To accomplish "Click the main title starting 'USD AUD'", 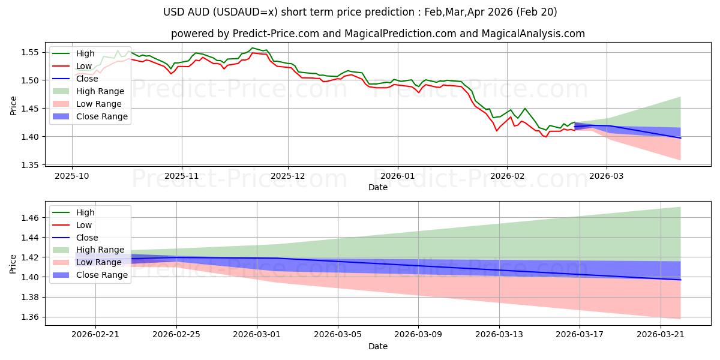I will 360,12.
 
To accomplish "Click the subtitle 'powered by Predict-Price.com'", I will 378,34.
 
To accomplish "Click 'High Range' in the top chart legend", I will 100,91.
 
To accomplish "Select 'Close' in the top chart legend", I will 88,79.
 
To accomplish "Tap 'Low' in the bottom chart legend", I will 84,225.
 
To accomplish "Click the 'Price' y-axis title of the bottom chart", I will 13,263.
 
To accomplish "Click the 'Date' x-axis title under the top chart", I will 378,187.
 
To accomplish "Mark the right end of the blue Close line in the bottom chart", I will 680,280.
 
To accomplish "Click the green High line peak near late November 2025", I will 253,47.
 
